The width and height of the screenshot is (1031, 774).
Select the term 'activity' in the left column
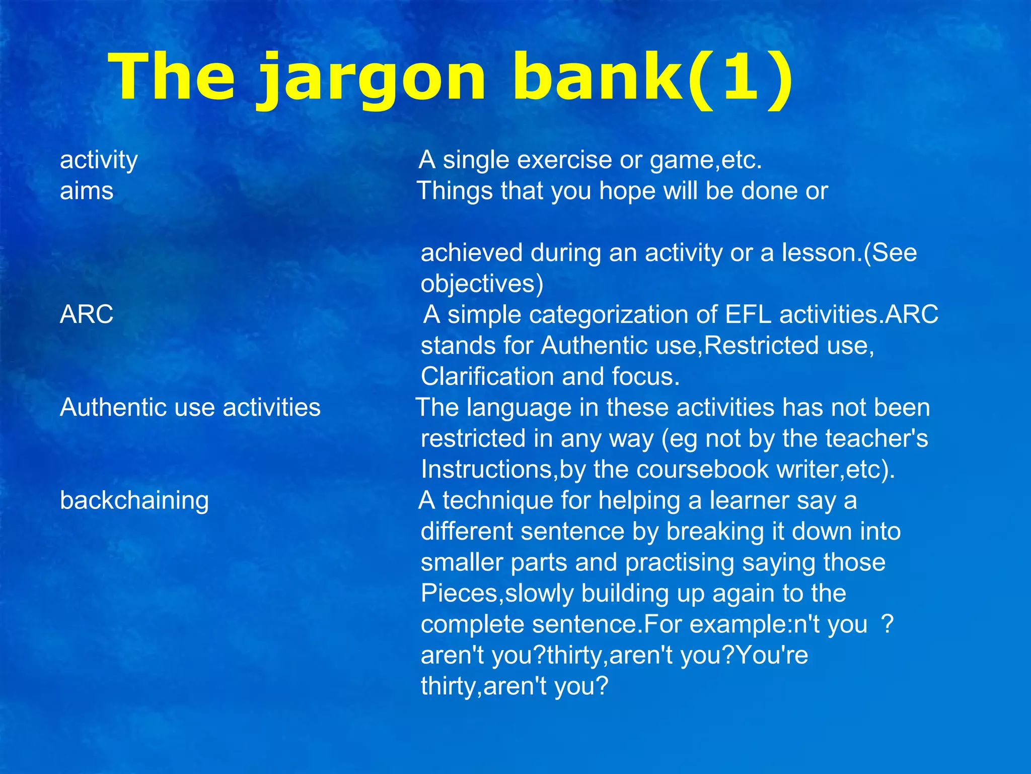pos(99,160)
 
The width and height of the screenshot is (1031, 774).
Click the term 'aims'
pos(87,191)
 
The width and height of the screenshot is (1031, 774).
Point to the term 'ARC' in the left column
pos(87,314)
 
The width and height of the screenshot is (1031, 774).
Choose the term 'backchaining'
pos(134,500)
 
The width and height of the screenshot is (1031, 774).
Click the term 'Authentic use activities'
pos(190,407)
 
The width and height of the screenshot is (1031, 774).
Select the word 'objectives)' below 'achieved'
pos(482,283)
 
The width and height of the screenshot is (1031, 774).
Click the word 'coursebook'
pos(702,470)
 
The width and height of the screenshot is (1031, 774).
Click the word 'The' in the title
pos(174,78)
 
